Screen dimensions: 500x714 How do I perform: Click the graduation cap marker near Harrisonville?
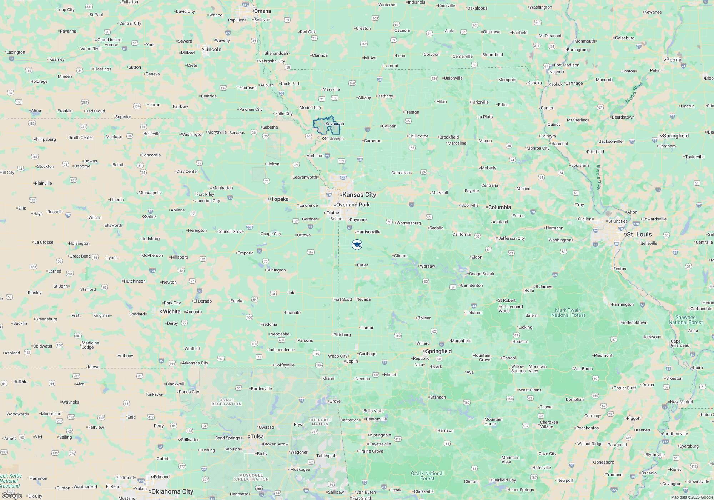(357, 245)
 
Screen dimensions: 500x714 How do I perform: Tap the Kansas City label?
(359, 195)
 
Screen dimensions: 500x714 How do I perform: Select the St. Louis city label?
(639, 234)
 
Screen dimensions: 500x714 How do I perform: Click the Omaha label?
(262, 11)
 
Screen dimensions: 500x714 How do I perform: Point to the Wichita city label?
(171, 311)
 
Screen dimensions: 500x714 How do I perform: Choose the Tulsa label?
(257, 436)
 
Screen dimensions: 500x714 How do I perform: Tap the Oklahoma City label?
(172, 491)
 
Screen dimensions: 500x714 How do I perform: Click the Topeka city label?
(280, 199)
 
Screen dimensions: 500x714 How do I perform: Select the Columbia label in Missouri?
(499, 207)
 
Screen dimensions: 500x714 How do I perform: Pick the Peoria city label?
(674, 60)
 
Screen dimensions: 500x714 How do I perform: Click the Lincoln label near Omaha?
(212, 49)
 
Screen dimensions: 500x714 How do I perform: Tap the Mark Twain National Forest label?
(568, 312)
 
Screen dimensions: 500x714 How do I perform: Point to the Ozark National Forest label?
(427, 476)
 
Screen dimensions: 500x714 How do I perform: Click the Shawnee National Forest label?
(685, 320)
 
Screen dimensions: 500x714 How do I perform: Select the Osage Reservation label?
(227, 402)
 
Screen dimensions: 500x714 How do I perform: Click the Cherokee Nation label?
(320, 422)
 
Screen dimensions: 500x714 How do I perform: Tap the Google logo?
(12, 495)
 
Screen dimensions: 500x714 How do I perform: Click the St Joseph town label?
(334, 139)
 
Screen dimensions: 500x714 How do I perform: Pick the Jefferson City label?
(512, 238)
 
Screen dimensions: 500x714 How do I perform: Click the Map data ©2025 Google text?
(692, 497)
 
